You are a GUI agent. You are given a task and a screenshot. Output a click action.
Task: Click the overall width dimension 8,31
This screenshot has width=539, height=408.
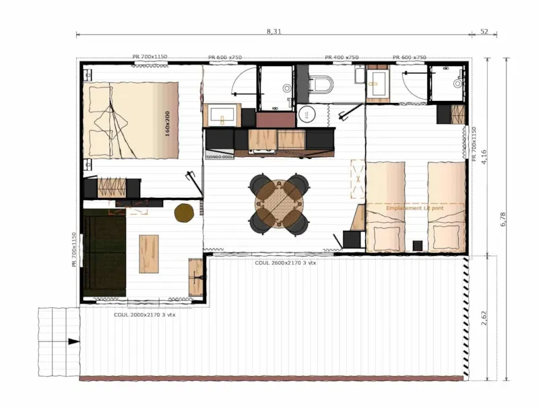tap(274, 32)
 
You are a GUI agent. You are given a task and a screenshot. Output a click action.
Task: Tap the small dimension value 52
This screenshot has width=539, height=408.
tap(484, 32)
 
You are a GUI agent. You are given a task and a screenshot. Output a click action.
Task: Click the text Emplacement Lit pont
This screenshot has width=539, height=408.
tap(415, 209)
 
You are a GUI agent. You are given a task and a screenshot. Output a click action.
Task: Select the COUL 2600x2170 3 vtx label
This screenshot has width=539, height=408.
tap(285, 263)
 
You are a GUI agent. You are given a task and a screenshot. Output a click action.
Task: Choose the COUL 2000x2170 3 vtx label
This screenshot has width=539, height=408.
tap(144, 314)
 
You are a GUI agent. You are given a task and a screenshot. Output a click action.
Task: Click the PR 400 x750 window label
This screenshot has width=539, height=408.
tap(342, 58)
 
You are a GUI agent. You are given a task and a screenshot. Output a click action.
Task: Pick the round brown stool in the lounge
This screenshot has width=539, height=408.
tap(184, 213)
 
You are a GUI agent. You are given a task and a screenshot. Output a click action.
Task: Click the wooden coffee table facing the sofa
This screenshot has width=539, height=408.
tap(149, 253)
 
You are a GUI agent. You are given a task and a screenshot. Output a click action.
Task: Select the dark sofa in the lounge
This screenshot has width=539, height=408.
tap(105, 254)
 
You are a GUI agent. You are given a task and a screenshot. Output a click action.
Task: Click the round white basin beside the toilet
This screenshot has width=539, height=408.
tap(307, 114)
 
